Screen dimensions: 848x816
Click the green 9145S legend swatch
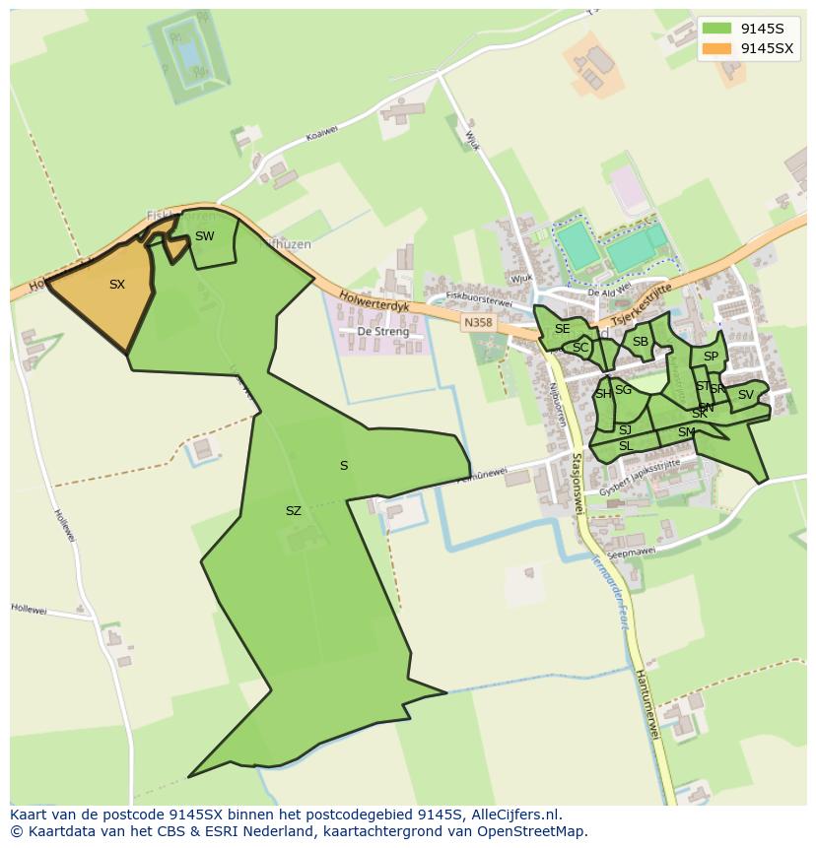[x=717, y=29]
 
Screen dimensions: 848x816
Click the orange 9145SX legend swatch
[x=717, y=48]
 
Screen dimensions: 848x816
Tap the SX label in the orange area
[x=117, y=285]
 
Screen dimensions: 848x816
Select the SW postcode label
[x=204, y=236]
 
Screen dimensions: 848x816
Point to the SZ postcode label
[x=293, y=511]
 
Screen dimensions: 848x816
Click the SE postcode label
[x=562, y=329]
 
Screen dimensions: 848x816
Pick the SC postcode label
[x=580, y=348]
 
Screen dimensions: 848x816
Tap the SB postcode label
[x=641, y=342]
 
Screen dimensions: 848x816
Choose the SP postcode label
[x=711, y=357]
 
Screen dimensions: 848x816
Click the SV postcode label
[x=745, y=395]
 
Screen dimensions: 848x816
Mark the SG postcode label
[x=623, y=390]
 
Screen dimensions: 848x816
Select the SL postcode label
[x=625, y=446]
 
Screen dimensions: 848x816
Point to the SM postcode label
[x=686, y=432]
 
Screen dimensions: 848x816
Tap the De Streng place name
[x=382, y=332]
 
